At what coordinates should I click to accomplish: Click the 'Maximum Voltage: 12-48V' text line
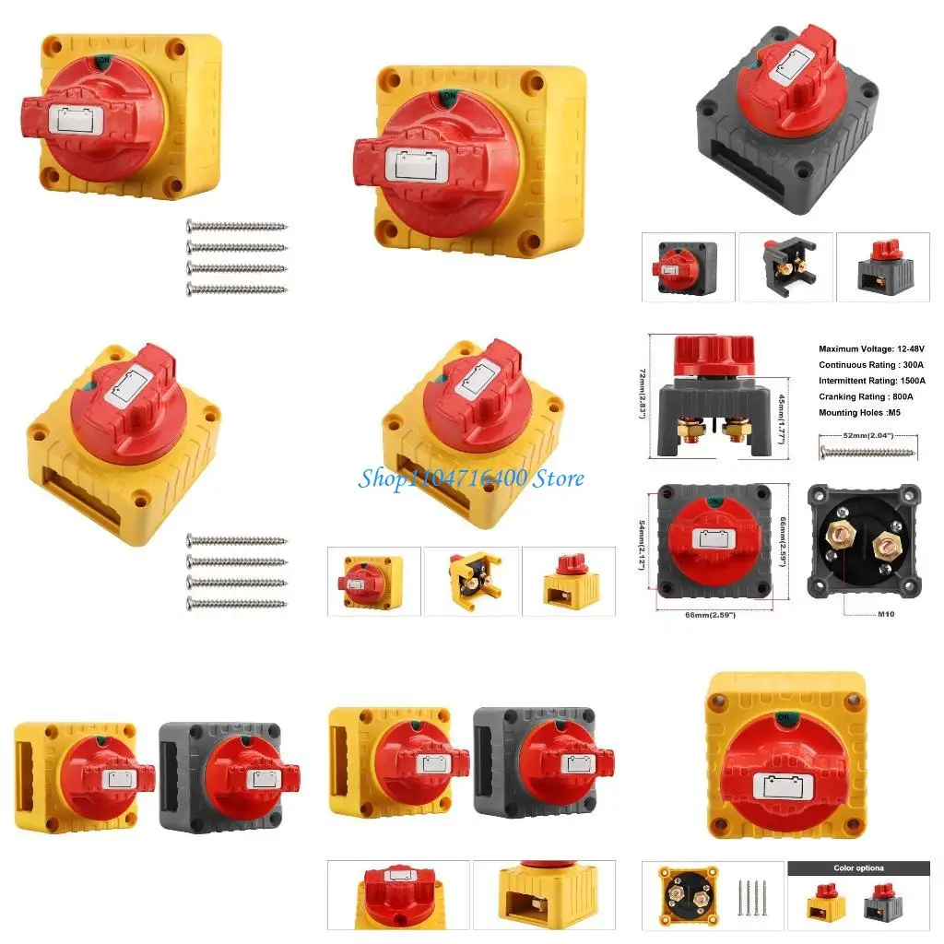(871, 349)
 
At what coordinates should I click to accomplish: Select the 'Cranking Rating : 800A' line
(871, 396)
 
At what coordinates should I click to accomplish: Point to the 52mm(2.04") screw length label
(867, 435)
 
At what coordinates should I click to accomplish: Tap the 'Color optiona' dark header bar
(858, 867)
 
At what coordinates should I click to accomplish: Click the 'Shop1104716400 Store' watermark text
(471, 478)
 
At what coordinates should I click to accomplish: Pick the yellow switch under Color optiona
(827, 903)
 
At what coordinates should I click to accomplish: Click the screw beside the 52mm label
(867, 452)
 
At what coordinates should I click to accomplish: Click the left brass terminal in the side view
(692, 429)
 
